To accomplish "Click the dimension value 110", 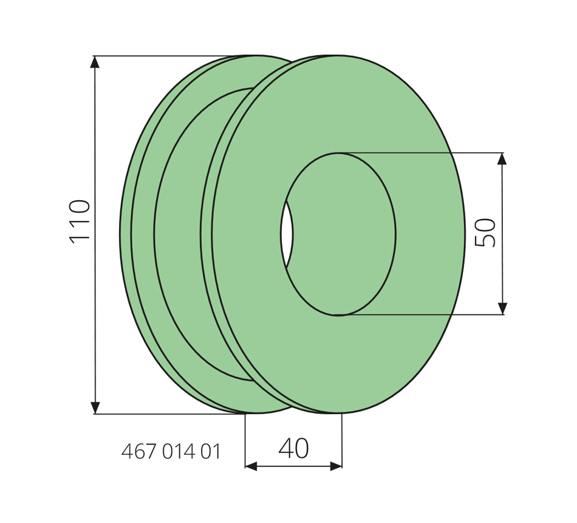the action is coord(80,221).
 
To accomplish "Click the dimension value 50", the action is coord(485,232).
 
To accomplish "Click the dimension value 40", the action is coord(293,448).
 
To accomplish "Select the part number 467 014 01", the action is coord(171,451).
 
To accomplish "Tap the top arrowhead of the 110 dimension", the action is coord(95,62).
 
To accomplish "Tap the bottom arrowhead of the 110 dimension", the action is coord(95,407).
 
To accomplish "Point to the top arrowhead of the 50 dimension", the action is coord(502,159).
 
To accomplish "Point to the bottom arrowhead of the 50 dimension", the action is coord(502,309).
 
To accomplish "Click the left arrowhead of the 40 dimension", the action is coord(251,466).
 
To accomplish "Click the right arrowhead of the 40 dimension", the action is coord(336,466).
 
